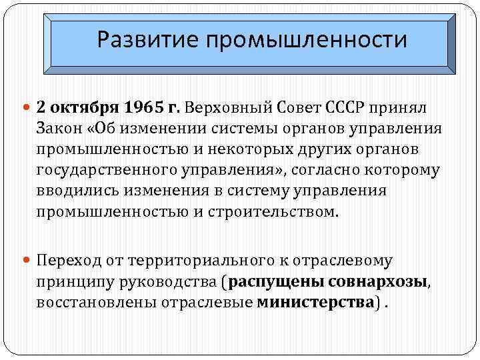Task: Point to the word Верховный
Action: [x=225, y=107]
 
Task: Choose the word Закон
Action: [x=59, y=129]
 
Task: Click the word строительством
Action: [x=279, y=213]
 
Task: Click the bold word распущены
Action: [x=269, y=282]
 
